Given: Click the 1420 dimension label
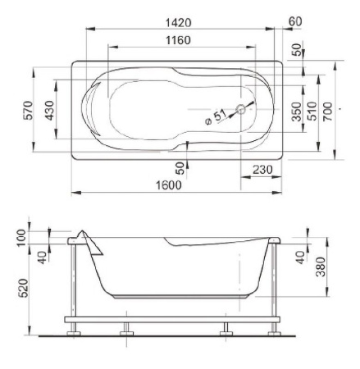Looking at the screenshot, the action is (179, 23).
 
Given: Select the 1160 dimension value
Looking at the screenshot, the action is (178, 40).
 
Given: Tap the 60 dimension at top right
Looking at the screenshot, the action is (295, 21).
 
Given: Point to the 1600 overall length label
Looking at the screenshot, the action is (169, 185).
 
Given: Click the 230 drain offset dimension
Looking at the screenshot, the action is (262, 170).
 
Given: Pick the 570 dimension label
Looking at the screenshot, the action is (28, 110).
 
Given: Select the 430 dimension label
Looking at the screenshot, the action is (49, 110).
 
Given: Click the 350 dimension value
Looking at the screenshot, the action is (297, 112).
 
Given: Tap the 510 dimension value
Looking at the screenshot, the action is (312, 111).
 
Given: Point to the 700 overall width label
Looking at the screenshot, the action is (328, 112).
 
